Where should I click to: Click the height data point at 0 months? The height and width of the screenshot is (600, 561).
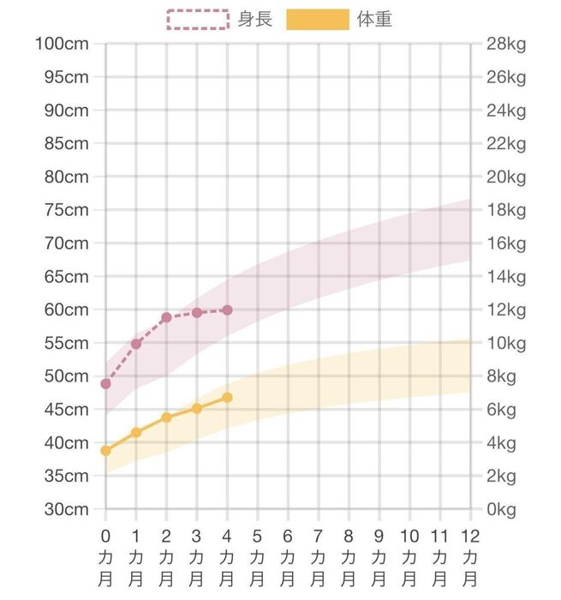click(x=105, y=384)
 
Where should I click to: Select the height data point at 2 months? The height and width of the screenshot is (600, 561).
click(x=166, y=317)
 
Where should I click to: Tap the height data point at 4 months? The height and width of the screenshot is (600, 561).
click(x=227, y=309)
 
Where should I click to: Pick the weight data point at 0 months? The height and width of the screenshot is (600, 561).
click(x=105, y=450)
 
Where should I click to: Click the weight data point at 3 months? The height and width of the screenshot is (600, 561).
click(x=197, y=408)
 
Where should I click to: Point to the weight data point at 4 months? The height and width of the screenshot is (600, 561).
click(x=227, y=397)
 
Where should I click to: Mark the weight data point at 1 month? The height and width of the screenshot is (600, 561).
click(x=136, y=432)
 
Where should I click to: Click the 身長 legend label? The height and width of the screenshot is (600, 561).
click(x=254, y=19)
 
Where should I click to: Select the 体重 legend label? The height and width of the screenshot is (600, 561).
click(x=374, y=19)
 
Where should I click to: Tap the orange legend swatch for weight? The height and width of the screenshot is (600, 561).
click(x=317, y=19)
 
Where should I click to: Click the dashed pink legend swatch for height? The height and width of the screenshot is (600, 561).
click(x=197, y=19)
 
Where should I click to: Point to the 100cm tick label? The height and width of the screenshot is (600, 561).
click(x=63, y=44)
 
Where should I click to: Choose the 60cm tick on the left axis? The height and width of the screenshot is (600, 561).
click(x=67, y=309)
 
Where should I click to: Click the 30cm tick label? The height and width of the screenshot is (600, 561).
click(x=67, y=509)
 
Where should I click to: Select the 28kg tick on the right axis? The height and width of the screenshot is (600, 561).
click(x=505, y=44)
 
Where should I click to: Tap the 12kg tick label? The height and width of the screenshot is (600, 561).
click(x=505, y=309)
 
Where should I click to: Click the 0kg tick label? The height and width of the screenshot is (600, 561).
click(x=501, y=509)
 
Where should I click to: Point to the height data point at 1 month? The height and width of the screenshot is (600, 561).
click(x=136, y=344)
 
